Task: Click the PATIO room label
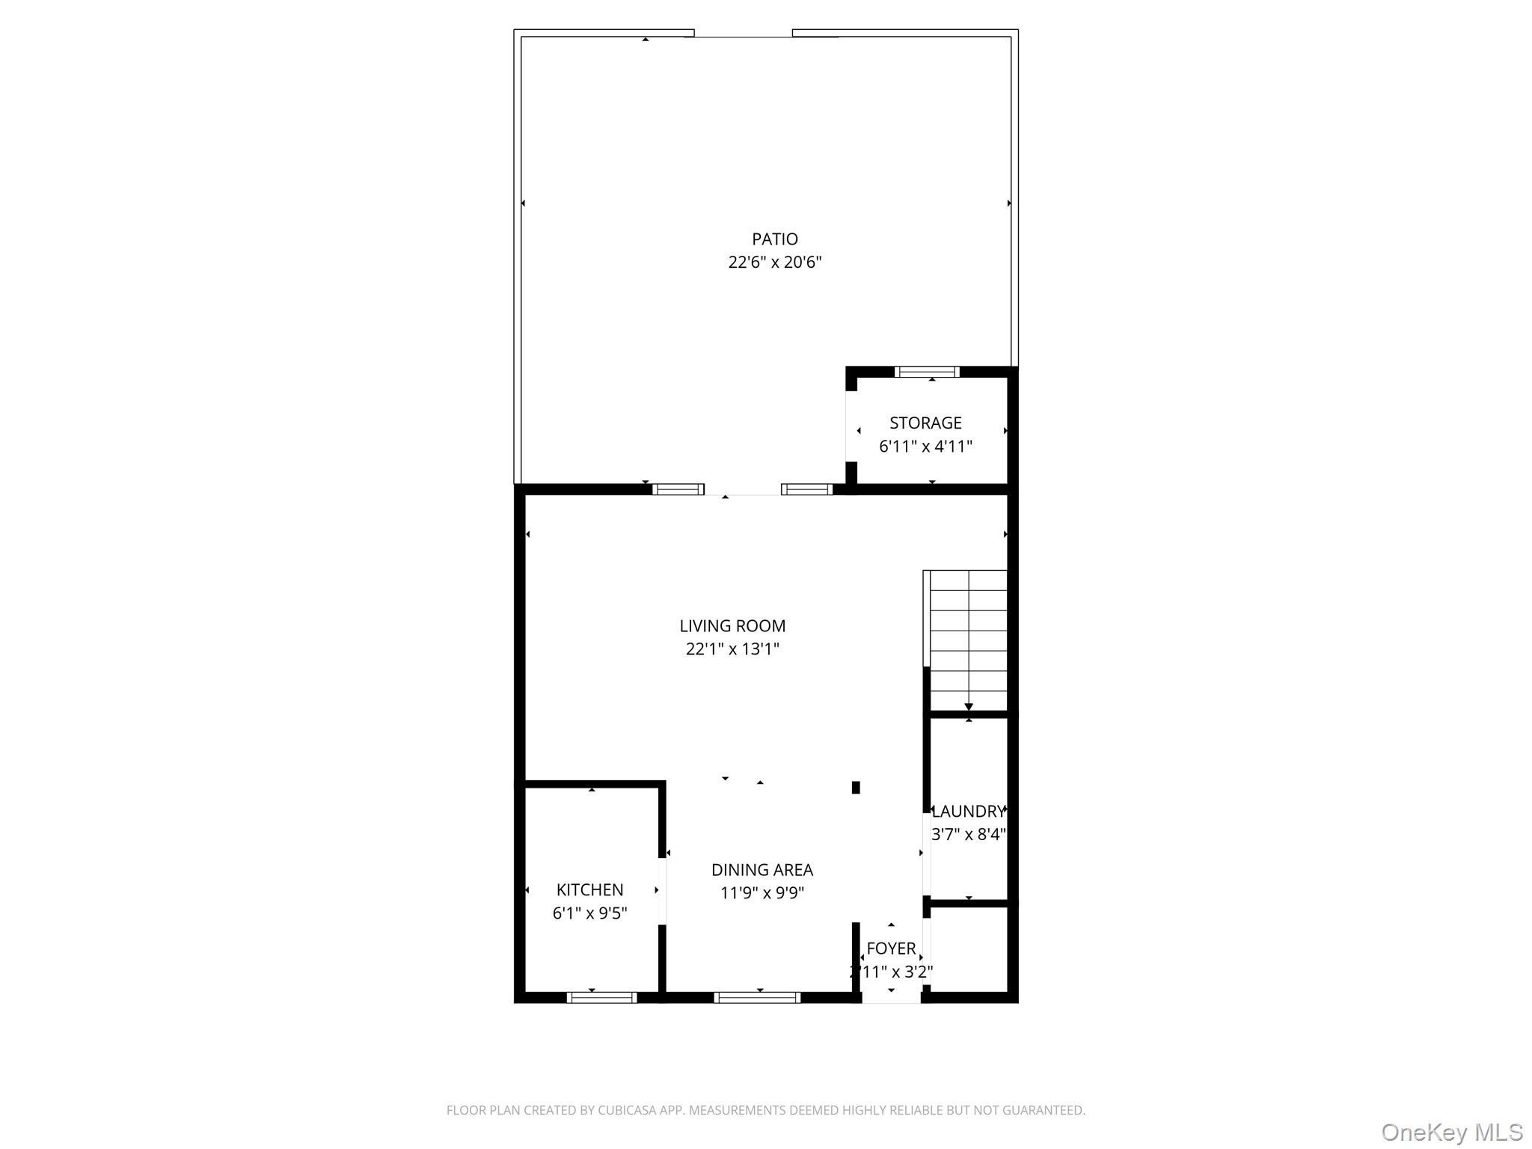(774, 239)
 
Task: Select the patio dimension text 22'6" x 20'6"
(774, 263)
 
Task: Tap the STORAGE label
(925, 423)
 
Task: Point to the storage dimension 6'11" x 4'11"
(925, 447)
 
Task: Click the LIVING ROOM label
(732, 625)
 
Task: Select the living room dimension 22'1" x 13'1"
(732, 649)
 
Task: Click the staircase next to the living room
(968, 640)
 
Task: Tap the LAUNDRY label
(968, 811)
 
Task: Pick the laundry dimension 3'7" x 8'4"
(968, 834)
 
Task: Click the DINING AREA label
(762, 869)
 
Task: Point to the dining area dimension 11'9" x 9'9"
(762, 893)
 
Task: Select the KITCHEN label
(589, 889)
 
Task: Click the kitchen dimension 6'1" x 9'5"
(589, 913)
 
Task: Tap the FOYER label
(891, 949)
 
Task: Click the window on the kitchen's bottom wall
(601, 997)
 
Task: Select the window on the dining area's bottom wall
(757, 997)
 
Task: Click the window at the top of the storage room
(927, 372)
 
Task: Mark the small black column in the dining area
(856, 787)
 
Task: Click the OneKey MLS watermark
(1451, 1132)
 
